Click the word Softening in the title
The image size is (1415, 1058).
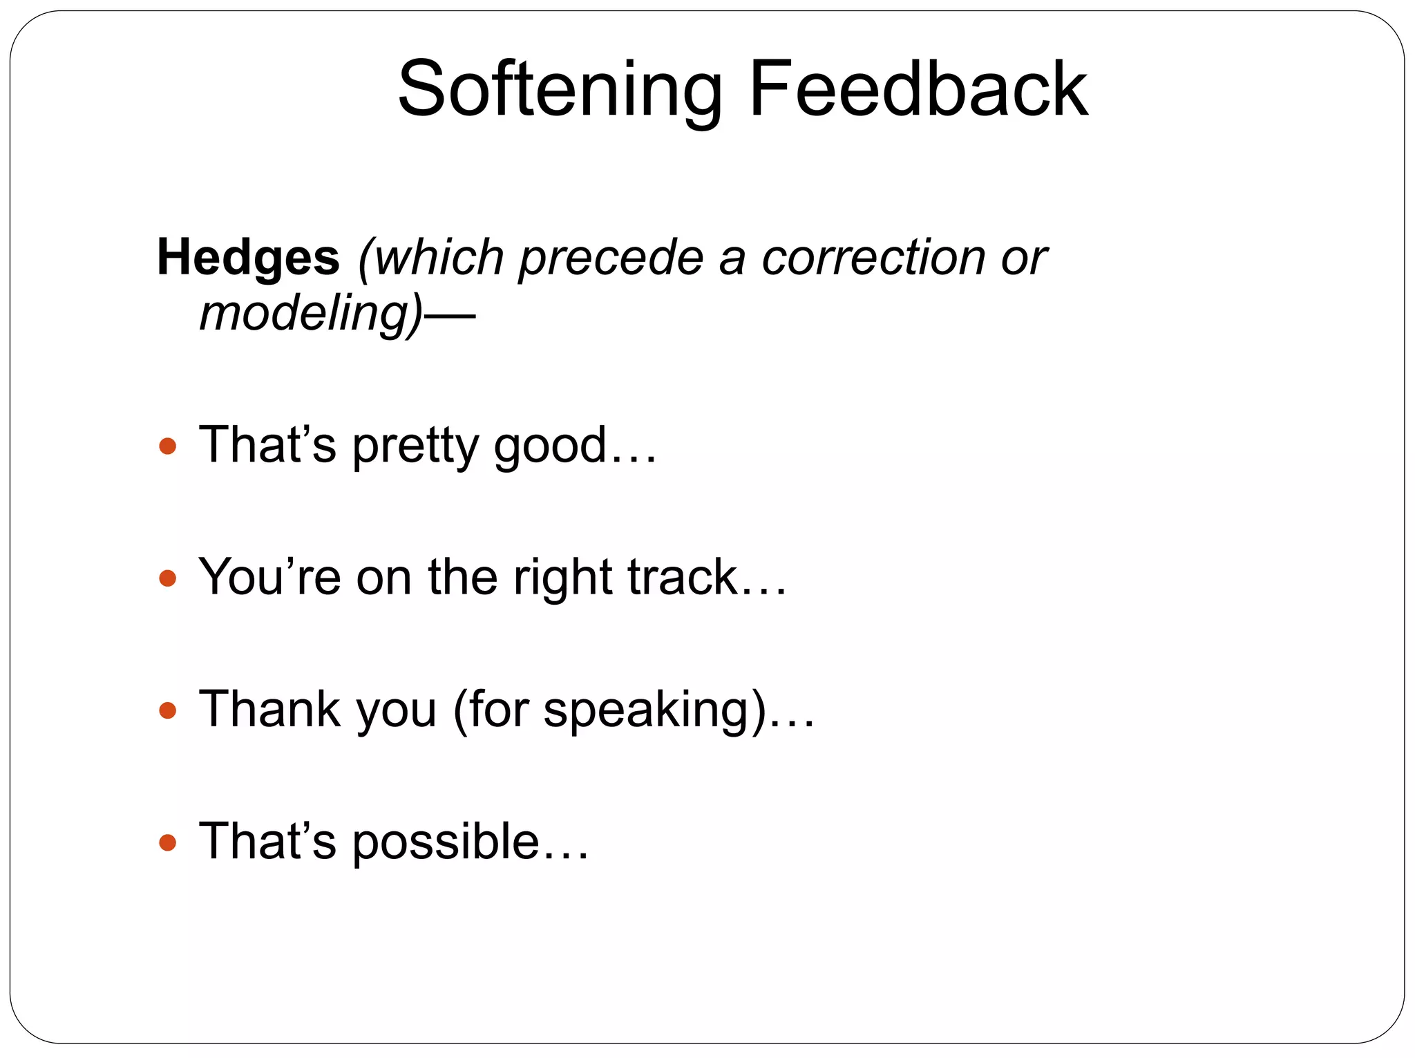(560, 90)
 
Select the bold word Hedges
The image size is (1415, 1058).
(248, 257)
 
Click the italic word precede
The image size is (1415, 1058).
(611, 257)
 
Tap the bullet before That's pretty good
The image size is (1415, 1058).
(167, 446)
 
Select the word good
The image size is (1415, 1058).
(549, 446)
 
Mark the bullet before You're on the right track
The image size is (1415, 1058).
(167, 578)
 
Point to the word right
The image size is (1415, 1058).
(562, 578)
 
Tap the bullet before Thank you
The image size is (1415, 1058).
(167, 710)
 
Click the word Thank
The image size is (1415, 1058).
(269, 709)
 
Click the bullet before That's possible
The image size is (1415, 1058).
(167, 842)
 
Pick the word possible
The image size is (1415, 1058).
(446, 842)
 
